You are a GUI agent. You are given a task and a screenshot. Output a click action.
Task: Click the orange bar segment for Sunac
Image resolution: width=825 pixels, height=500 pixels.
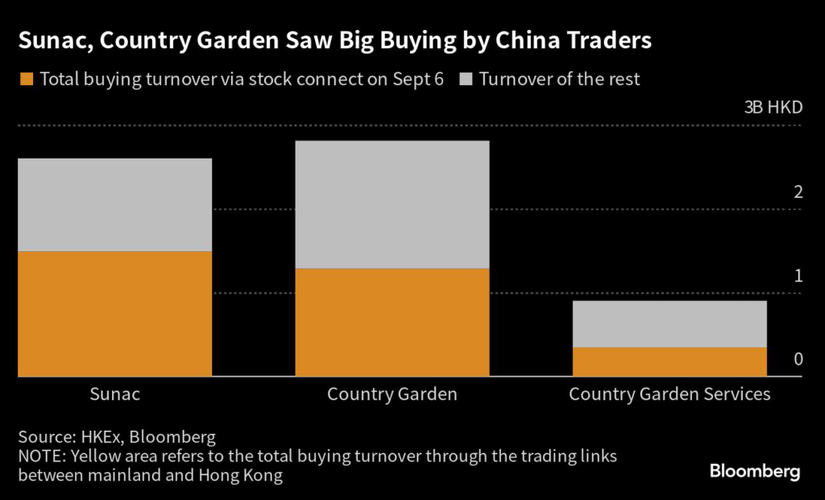point(114,313)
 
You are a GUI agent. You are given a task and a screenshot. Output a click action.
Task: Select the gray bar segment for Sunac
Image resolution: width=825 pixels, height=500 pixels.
point(114,205)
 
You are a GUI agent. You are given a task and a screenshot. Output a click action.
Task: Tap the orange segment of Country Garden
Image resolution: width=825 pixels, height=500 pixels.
point(392,322)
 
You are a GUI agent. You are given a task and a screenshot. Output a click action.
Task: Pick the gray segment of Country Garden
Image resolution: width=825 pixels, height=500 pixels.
point(392,205)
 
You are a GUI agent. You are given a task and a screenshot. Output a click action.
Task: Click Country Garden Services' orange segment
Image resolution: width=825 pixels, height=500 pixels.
point(669,362)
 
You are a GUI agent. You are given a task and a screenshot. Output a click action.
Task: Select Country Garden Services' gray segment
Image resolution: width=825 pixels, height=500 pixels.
point(669,324)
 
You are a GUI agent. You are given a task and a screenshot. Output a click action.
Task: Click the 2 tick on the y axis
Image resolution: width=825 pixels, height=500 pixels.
point(798,192)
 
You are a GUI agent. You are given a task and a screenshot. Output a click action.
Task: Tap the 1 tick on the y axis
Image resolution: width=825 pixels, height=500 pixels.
point(798,275)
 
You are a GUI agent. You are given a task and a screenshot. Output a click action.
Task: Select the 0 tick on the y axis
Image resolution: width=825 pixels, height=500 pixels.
point(798,359)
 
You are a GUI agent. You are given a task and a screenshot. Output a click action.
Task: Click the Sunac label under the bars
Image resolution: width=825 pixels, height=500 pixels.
point(114,395)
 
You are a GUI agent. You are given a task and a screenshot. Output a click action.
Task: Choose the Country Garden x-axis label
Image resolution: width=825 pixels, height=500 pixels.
point(392,395)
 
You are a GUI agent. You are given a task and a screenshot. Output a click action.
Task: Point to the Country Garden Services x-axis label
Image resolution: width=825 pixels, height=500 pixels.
point(670,395)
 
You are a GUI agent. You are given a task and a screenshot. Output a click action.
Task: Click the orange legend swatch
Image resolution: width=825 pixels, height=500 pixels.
point(26,80)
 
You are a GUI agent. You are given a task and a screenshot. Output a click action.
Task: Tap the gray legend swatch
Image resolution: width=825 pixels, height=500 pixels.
point(466,80)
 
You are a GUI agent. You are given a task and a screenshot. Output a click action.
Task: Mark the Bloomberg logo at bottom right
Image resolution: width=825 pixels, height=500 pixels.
point(755,471)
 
